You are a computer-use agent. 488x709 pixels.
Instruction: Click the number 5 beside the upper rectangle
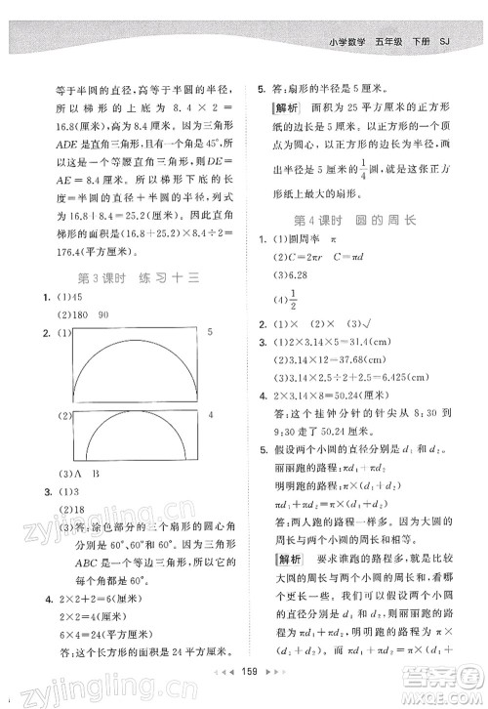pyautogui.click(x=212, y=334)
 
